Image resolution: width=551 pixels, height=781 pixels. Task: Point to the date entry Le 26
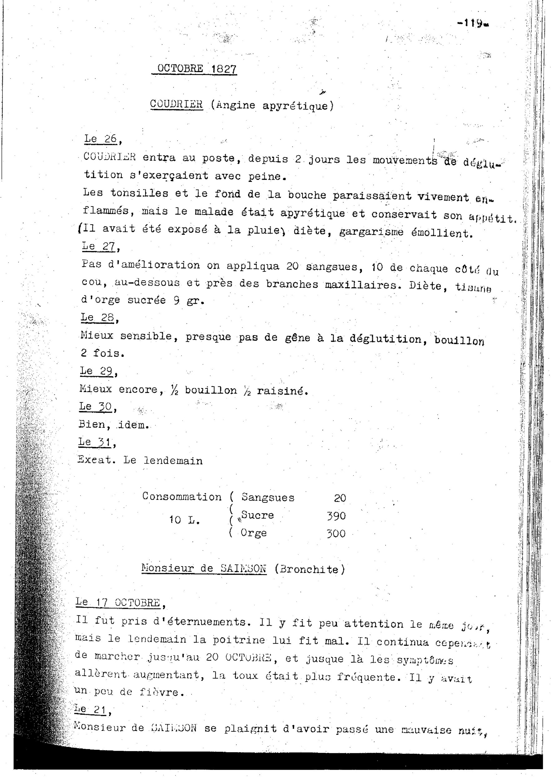click(101, 139)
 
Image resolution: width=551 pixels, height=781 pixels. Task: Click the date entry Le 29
click(96, 371)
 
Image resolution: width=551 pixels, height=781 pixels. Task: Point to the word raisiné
click(282, 391)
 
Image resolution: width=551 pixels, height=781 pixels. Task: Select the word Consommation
click(182, 497)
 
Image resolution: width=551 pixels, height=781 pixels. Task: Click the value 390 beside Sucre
click(336, 516)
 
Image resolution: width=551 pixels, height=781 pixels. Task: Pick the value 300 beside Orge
click(336, 533)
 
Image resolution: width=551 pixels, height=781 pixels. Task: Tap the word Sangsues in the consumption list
click(268, 498)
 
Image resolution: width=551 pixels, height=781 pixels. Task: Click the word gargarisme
click(371, 232)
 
